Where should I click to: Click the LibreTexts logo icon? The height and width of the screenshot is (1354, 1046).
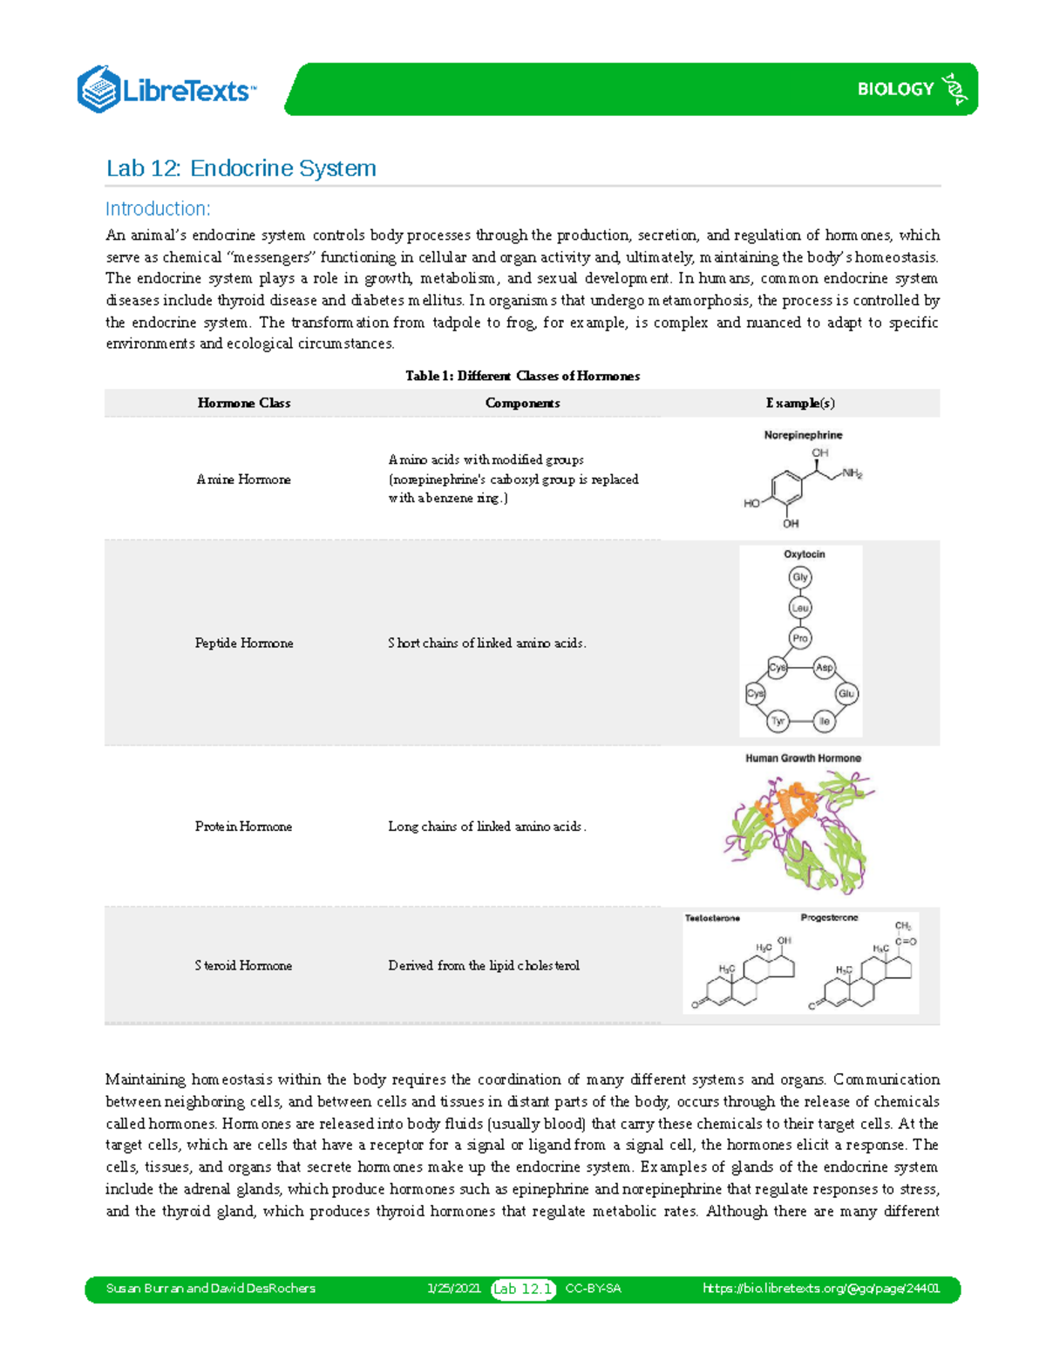click(98, 89)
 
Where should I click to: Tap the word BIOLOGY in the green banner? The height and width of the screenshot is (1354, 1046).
click(895, 89)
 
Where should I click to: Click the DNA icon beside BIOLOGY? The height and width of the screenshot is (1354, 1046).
click(956, 89)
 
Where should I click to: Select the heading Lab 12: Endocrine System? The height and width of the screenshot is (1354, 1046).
click(241, 168)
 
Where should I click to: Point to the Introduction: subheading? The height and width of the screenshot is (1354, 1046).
click(158, 209)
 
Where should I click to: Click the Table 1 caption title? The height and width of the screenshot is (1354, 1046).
click(522, 376)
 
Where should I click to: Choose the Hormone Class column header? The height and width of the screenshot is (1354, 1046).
click(243, 403)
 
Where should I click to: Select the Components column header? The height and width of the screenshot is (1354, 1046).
click(522, 403)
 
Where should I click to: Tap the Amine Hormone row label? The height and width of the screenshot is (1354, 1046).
click(243, 480)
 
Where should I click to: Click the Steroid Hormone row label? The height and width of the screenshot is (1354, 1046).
click(243, 965)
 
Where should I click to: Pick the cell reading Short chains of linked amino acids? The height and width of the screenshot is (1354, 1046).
click(486, 643)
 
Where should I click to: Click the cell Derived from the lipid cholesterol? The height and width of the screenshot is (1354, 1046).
click(484, 965)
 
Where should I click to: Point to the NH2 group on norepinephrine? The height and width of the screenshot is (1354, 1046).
click(852, 474)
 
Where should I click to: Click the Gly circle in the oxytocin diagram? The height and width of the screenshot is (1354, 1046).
click(800, 577)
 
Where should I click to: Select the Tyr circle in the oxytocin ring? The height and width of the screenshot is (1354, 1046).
click(778, 721)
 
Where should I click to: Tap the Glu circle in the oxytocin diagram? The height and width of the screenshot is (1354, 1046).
click(846, 694)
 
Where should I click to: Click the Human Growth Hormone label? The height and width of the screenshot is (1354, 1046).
click(803, 759)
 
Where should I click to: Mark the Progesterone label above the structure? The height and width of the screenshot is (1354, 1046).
click(829, 918)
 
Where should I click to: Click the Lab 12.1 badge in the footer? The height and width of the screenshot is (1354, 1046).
click(523, 1289)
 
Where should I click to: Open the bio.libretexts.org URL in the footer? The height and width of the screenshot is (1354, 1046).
click(820, 1289)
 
